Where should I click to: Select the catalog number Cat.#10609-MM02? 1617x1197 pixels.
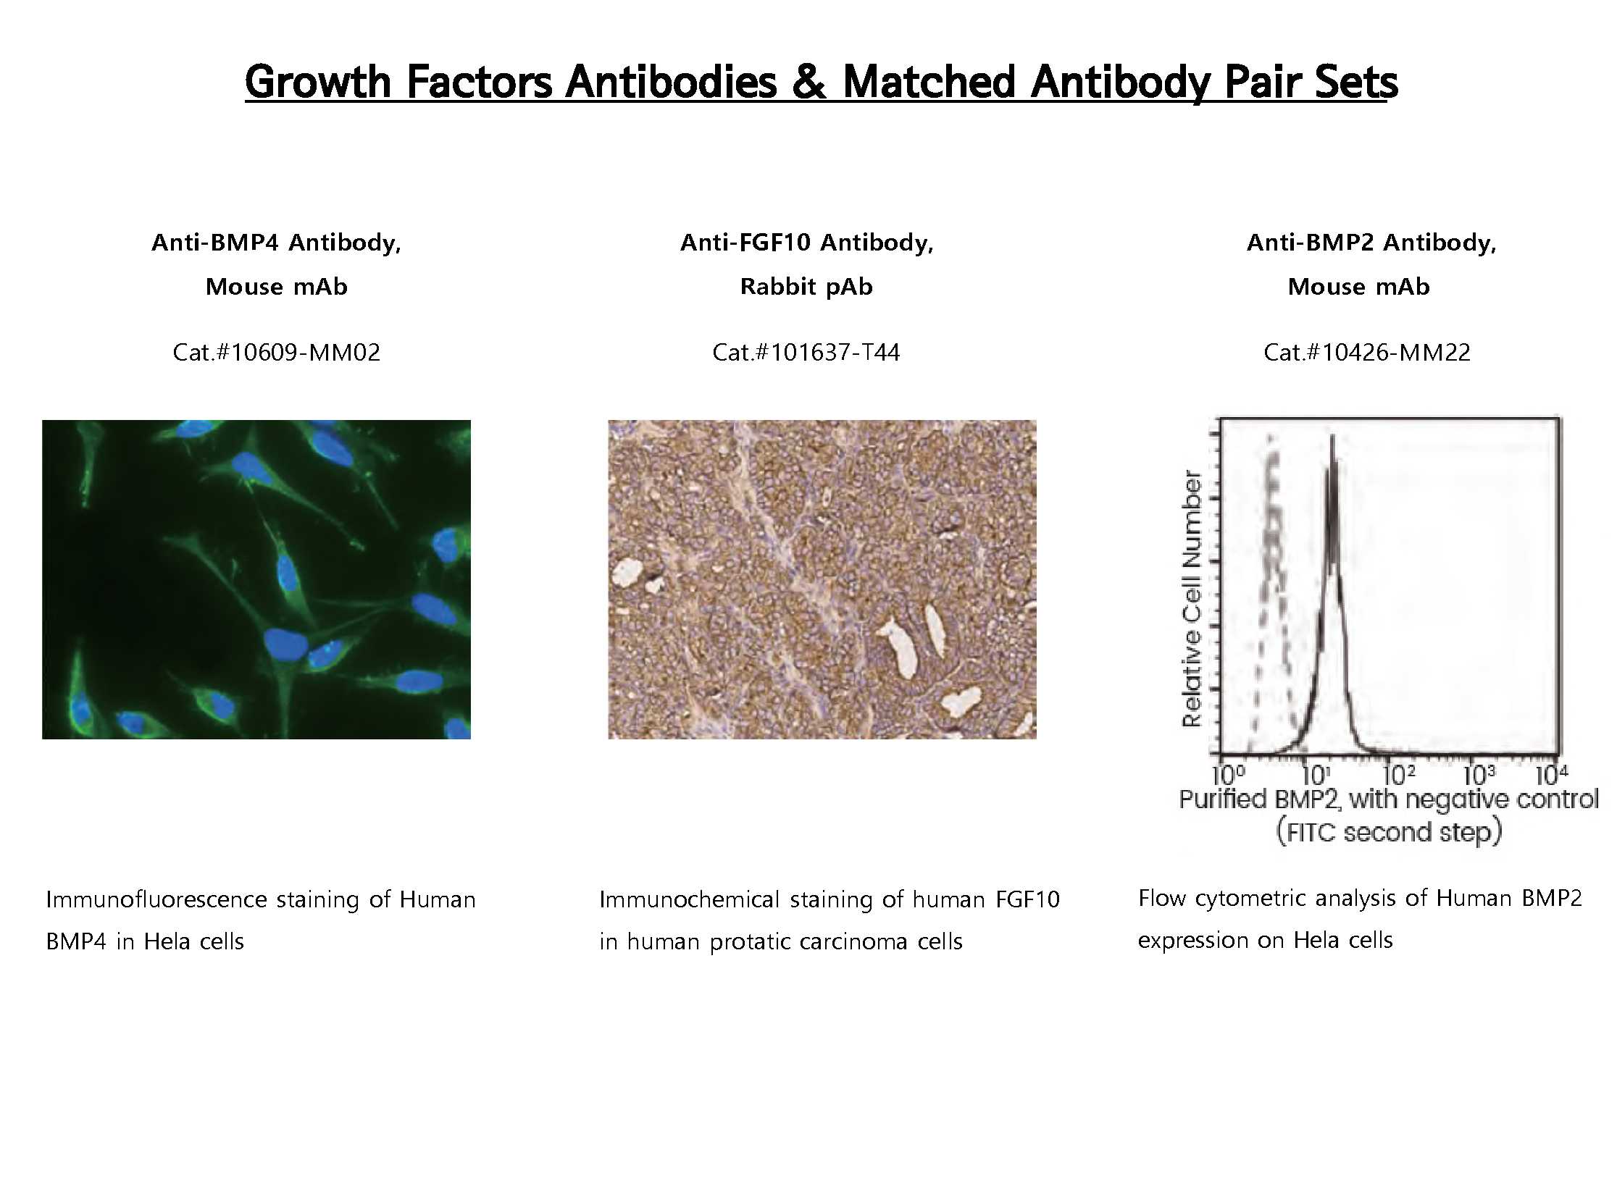(276, 352)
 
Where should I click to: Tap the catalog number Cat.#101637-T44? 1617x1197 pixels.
(806, 352)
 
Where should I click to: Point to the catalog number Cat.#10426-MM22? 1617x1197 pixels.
(1367, 352)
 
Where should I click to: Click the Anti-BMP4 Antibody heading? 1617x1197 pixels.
(276, 242)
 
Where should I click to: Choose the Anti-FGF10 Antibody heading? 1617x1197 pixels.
(806, 242)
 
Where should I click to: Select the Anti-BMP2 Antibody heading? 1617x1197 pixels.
(1371, 242)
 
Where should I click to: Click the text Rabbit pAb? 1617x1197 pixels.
(806, 287)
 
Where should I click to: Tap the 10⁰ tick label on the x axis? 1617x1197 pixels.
(1227, 776)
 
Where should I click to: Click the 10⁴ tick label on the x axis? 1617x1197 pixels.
(1552, 776)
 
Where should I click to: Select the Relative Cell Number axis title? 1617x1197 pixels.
(1192, 598)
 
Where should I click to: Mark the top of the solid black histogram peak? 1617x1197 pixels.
(1332, 436)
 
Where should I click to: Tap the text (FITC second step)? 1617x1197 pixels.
(1389, 832)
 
